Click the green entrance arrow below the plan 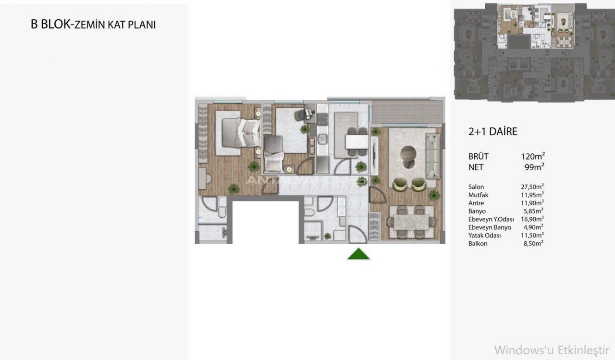tap(358, 254)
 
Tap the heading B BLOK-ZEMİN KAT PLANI tap(93, 25)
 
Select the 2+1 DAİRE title tap(493, 132)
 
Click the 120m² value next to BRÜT tap(533, 156)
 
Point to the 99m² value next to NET tap(535, 167)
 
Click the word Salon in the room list tap(476, 186)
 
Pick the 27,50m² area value tap(532, 186)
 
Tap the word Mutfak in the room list tap(478, 195)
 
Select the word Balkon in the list tap(478, 244)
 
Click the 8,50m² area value tap(533, 243)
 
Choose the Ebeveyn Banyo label tap(490, 227)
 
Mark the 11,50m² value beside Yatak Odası tap(532, 235)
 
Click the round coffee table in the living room tap(408, 157)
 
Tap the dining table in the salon tap(411, 222)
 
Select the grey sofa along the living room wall tap(433, 156)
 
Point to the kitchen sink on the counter tap(322, 139)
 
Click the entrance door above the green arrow tap(358, 234)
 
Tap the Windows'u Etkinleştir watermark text tap(552, 350)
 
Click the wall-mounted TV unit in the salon tap(374, 156)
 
